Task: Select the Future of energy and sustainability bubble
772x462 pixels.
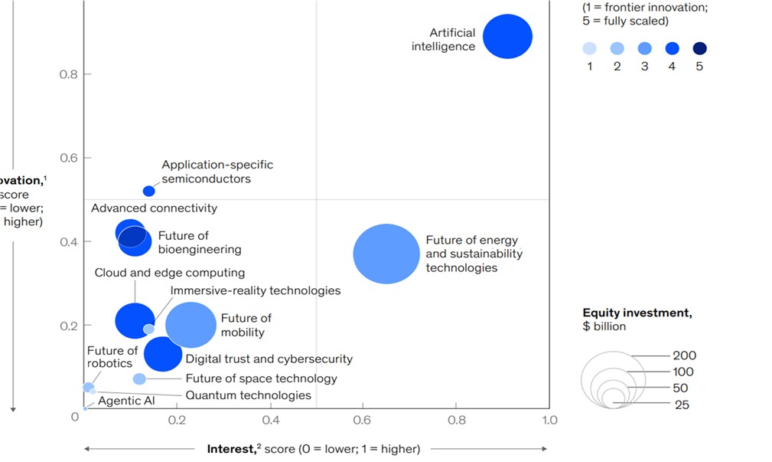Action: [x=386, y=254]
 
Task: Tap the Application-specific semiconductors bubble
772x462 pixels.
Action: [x=149, y=191]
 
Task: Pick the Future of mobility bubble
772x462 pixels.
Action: [x=191, y=325]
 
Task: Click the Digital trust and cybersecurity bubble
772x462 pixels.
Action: [x=163, y=353]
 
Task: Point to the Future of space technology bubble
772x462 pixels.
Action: [x=139, y=378]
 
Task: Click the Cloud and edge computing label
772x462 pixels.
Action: [x=169, y=273]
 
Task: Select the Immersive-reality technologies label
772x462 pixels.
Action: [x=255, y=290]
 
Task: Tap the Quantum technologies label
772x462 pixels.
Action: [x=248, y=395]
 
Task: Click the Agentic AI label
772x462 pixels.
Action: [x=120, y=401]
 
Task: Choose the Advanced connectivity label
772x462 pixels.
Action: [x=154, y=208]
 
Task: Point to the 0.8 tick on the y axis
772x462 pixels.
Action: [x=70, y=74]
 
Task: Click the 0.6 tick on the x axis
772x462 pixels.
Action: [x=363, y=420]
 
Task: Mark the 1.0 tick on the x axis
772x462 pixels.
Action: [x=549, y=420]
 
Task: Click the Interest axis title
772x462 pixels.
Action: [x=314, y=448]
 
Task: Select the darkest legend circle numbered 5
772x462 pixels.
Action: [x=699, y=48]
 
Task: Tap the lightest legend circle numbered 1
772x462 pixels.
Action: [x=589, y=48]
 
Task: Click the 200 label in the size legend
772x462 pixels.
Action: [x=684, y=356]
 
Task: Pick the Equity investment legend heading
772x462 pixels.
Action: [x=637, y=313]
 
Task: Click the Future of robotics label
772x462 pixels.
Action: [x=112, y=357]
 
